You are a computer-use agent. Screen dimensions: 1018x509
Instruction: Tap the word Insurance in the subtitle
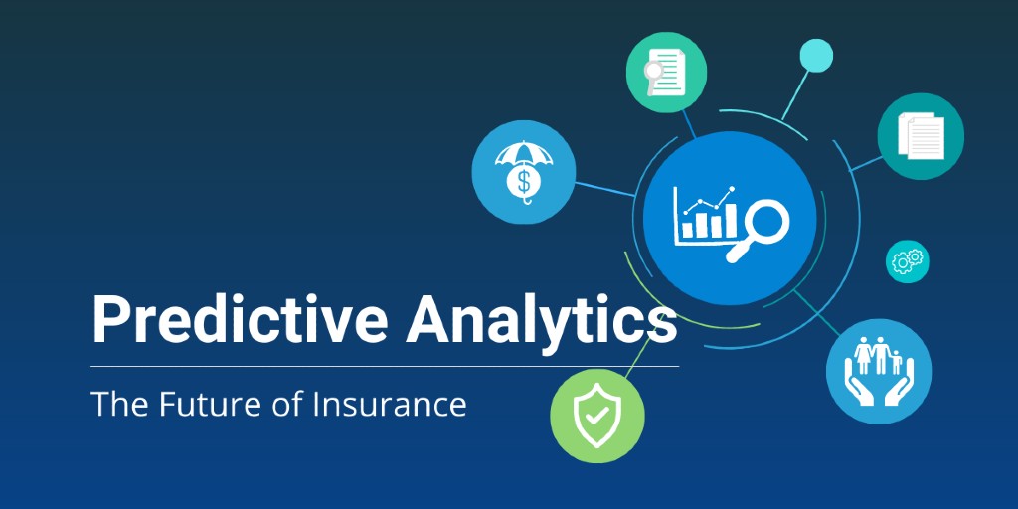pos(390,404)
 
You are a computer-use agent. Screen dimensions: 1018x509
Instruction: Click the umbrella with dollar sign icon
pos(524,172)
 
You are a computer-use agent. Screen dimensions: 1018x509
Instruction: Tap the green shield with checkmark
pos(597,416)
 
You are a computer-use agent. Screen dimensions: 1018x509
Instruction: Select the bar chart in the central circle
pos(706,216)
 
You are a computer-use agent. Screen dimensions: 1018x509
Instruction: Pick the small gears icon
pos(908,261)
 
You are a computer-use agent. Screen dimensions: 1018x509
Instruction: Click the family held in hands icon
pos(879,372)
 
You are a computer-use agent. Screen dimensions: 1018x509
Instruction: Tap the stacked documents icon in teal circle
pos(921,136)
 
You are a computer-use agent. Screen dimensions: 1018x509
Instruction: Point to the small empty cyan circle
pos(816,56)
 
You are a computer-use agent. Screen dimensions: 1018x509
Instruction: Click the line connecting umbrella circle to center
pos(604,189)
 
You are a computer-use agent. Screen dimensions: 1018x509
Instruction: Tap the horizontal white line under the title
pos(385,366)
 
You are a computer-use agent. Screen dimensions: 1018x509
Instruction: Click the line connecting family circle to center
pos(817,313)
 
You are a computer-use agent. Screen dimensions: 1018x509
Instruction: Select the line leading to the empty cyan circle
pos(796,94)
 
